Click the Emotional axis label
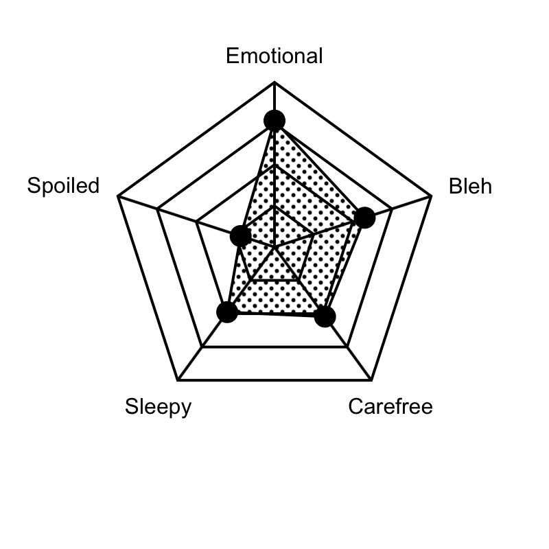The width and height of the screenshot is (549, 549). coord(274,56)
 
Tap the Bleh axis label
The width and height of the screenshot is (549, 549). coord(470,186)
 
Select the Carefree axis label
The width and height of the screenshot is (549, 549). coord(390,406)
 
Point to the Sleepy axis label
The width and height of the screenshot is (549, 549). coord(159,407)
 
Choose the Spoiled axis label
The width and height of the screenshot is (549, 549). coord(63,185)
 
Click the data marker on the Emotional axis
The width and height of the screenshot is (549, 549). coord(274,121)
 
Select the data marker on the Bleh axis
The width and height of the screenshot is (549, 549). coord(365,218)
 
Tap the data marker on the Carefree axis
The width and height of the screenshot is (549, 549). coord(325,316)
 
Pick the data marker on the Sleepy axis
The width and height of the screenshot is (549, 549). coord(227,312)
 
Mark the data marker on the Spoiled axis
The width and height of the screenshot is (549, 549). coord(241,235)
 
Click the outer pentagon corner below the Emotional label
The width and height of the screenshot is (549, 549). coord(274,82)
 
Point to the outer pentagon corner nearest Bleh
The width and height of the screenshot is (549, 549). coord(431,196)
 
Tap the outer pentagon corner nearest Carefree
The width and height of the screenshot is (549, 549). coord(371,379)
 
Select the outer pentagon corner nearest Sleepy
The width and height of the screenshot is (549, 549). coord(178,379)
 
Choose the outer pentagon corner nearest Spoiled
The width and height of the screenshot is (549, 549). coord(118,196)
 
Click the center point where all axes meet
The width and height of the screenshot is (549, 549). coord(274,247)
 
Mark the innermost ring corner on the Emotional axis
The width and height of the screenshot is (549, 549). coord(274,206)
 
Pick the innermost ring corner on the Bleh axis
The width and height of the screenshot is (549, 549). coord(314,234)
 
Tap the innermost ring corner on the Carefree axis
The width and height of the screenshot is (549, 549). coord(299,280)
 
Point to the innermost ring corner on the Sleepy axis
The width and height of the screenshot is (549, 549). coord(250,280)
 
